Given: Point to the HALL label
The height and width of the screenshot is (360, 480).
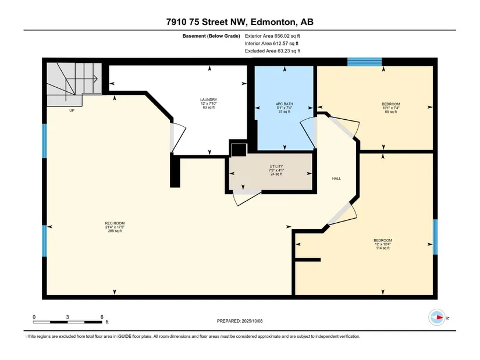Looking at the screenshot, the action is coord(336,179).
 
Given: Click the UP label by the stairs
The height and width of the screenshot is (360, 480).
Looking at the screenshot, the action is coord(72,111).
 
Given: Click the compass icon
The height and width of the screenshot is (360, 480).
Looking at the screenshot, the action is coord(437,318).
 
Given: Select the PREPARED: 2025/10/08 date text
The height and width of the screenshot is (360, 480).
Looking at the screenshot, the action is coord(240,321).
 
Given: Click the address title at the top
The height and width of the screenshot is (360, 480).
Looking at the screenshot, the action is coord(240,22).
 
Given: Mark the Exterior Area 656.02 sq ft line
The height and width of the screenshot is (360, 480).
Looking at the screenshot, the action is coord(272,36).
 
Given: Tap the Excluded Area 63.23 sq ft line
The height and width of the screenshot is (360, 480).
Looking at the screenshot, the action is coord(272,51).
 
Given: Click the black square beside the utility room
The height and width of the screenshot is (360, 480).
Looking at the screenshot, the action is coord(239,150).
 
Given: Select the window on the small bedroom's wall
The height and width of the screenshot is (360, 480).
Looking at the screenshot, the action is coord(365,62).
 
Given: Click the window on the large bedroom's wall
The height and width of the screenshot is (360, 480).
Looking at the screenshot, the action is coord(435,237).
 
